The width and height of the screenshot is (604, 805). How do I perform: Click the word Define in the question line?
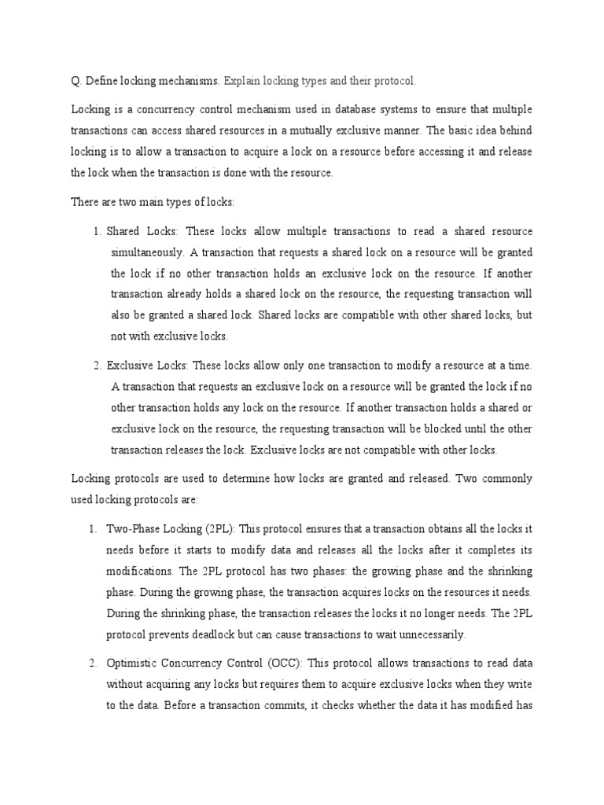pos(101,81)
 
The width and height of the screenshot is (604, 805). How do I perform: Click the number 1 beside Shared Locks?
pos(95,231)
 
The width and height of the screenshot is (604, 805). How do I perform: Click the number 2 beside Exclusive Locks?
pos(95,366)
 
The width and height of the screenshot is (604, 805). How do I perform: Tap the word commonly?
pos(501,478)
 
